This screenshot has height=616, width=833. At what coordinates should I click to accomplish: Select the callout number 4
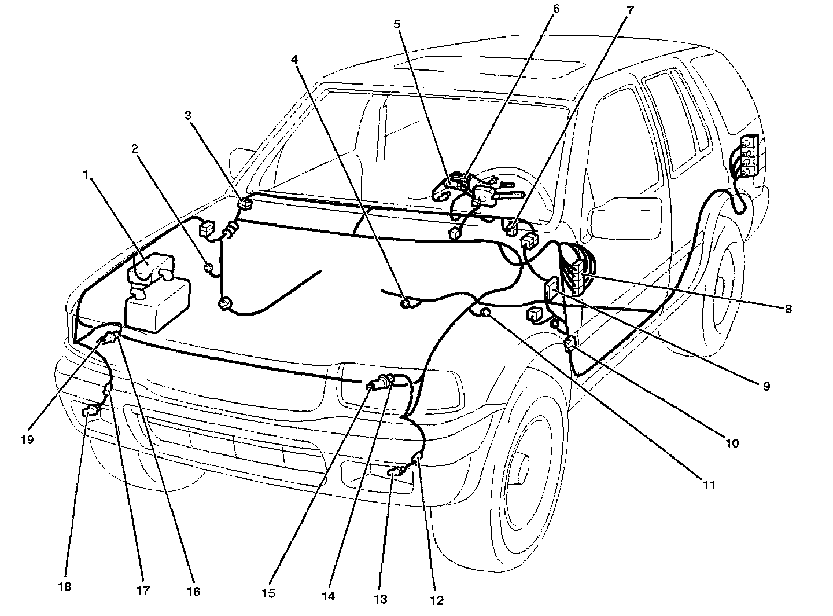294,59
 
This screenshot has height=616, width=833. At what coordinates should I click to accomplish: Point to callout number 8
788,309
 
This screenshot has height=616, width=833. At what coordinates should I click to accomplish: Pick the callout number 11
709,485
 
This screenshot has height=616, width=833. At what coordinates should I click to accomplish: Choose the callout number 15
268,593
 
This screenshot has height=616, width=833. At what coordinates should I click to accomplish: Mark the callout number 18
65,587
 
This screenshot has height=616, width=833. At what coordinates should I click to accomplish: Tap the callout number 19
27,439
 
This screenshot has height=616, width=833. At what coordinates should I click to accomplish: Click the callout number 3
188,115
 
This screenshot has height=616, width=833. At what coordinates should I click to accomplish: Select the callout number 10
732,443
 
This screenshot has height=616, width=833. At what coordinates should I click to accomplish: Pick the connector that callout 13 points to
395,472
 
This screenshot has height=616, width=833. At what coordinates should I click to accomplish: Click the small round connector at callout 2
209,268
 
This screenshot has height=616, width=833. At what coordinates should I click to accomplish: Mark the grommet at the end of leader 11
486,313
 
